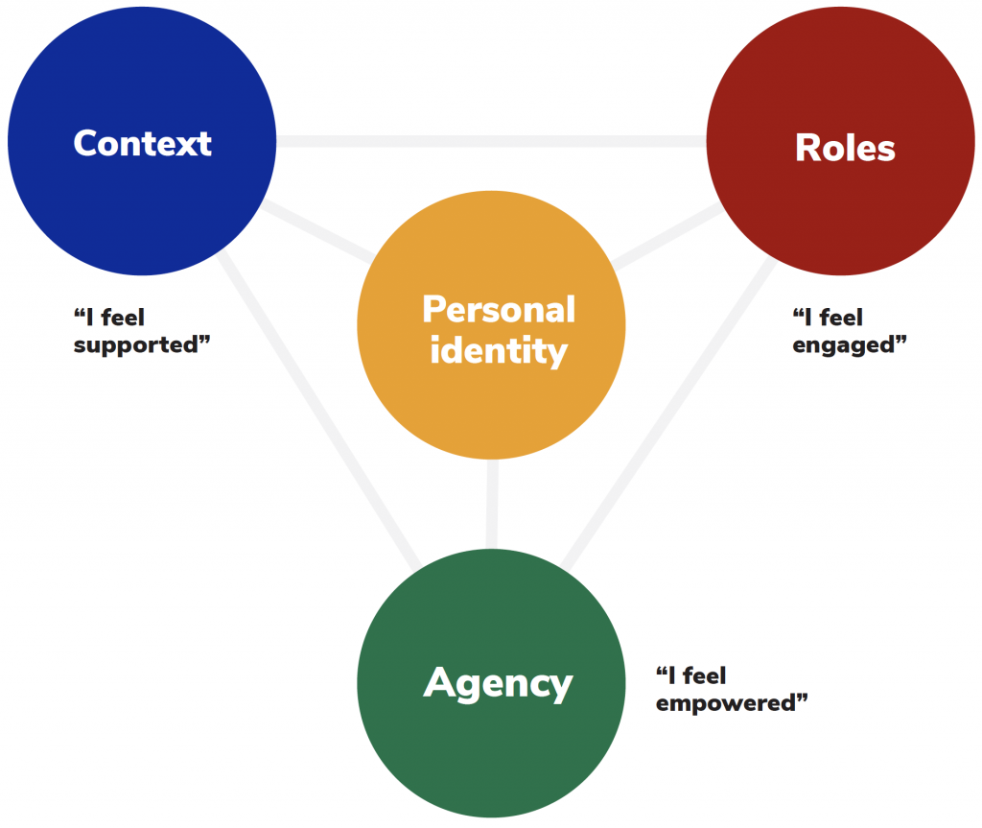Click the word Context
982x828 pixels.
142,143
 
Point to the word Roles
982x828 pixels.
845,149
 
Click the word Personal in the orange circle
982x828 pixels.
499,310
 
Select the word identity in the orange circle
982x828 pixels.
499,351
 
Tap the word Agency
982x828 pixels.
498,683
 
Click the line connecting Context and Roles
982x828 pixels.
491,141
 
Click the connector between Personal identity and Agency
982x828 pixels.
492,504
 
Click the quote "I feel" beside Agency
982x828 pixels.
690,675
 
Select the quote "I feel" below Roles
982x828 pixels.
828,317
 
